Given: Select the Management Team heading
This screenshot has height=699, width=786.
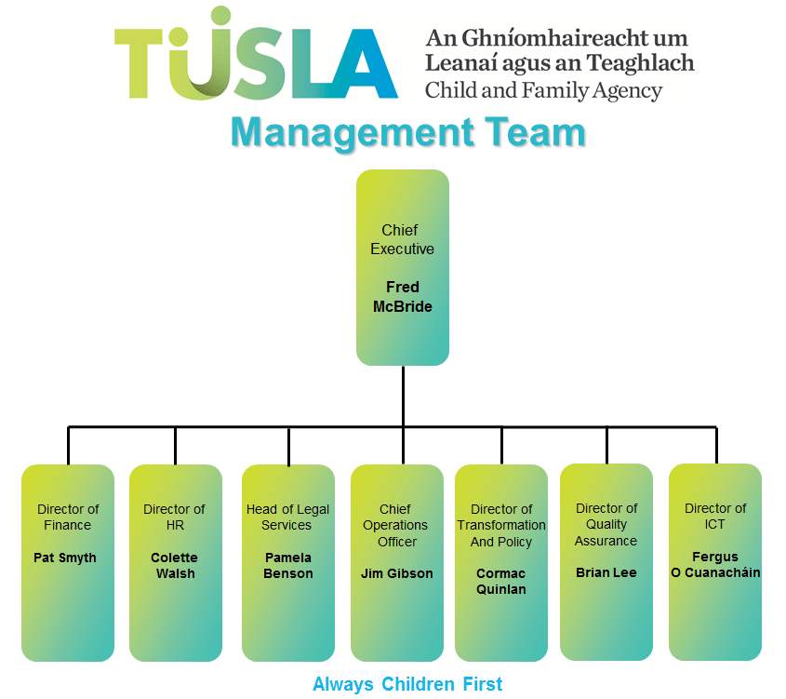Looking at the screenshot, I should click(407, 132).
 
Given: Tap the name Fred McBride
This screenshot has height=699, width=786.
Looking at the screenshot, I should click(403, 297).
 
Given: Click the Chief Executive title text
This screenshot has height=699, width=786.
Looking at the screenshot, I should click(402, 239).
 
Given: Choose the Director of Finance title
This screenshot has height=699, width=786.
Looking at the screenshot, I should click(68, 517).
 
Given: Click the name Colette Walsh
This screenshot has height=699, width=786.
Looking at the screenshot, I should click(175, 566).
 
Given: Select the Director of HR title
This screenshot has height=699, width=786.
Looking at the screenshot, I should click(174, 517).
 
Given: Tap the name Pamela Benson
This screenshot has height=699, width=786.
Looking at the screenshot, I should click(287, 566).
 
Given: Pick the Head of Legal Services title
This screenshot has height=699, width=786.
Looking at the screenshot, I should click(287, 517).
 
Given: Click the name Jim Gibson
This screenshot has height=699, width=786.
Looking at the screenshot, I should click(397, 573).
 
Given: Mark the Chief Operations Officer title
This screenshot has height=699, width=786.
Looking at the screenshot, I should click(397, 525).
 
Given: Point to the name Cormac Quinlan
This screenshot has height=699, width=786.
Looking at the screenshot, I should click(501, 581).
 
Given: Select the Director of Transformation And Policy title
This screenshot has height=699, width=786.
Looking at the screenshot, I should click(501, 525).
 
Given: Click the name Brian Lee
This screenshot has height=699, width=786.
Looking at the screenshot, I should click(606, 572).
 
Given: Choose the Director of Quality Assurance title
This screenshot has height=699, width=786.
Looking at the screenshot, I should click(606, 524).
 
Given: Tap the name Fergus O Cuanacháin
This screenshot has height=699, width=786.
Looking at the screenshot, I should click(715, 565).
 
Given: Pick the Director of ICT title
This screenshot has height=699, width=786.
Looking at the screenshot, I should click(715, 517).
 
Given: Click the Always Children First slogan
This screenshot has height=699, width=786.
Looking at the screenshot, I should click(407, 684).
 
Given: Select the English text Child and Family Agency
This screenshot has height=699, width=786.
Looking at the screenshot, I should click(543, 91).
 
